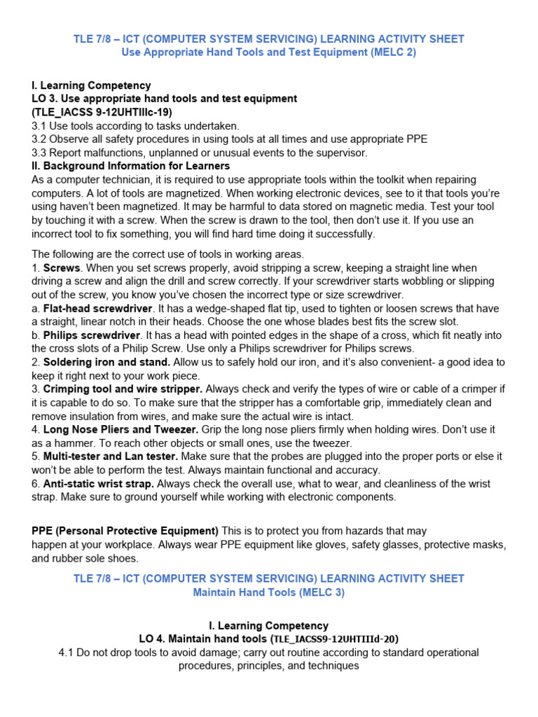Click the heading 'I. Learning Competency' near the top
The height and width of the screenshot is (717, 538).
(x=91, y=85)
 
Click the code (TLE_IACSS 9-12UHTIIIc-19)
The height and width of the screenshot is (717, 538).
(x=102, y=112)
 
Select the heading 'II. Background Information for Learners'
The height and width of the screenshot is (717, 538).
(x=131, y=166)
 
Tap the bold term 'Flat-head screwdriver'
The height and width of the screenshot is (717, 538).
(x=97, y=308)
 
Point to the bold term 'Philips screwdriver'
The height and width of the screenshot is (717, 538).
(x=92, y=335)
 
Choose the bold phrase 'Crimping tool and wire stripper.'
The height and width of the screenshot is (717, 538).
(x=123, y=389)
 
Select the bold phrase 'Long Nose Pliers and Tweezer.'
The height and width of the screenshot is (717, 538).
(x=121, y=429)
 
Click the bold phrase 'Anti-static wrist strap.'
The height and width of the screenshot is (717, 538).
(x=98, y=483)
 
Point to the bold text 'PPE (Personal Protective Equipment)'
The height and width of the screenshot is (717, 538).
(x=125, y=531)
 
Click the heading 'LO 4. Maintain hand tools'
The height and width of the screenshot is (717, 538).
(x=203, y=639)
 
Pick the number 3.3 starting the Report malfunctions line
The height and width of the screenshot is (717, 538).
(x=39, y=153)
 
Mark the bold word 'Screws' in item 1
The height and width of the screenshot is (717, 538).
(x=62, y=267)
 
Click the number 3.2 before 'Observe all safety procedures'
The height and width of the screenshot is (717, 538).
(x=39, y=139)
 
